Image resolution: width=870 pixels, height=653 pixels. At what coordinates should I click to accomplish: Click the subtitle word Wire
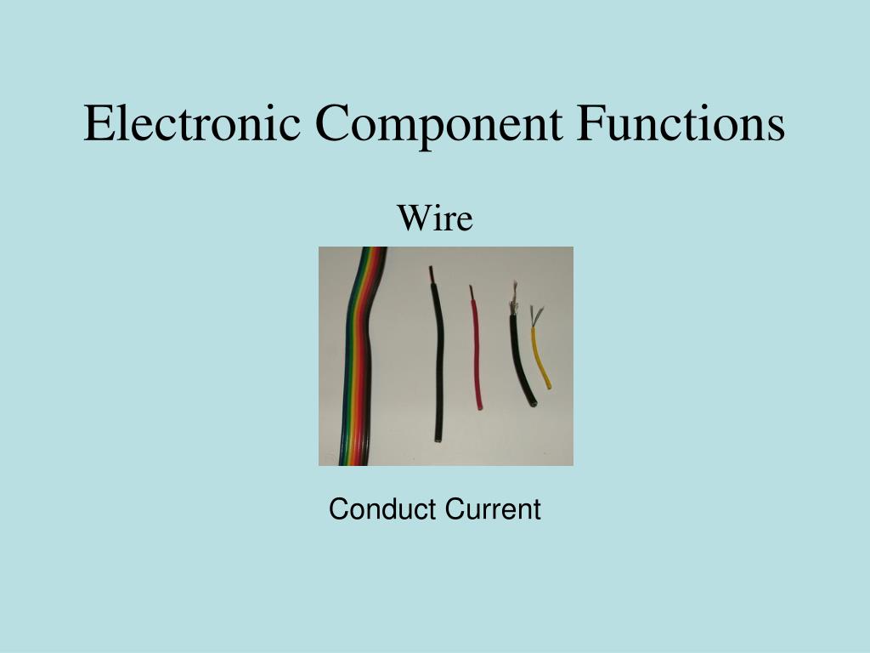pos(435,219)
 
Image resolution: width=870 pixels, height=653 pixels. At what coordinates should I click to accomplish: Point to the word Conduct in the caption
pos(380,510)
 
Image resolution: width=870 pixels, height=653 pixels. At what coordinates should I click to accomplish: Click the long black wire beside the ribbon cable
pos(438,366)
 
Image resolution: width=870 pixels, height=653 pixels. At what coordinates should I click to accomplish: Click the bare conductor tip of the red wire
pos(471,291)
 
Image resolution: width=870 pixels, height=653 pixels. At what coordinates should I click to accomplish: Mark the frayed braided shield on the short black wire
pos(513,299)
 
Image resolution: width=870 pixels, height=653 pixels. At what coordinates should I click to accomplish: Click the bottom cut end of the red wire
pos(480,406)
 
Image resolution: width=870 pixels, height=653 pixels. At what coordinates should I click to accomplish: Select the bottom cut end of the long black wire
pos(438,441)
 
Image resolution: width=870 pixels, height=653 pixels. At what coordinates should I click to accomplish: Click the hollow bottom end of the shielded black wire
pos(533,404)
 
